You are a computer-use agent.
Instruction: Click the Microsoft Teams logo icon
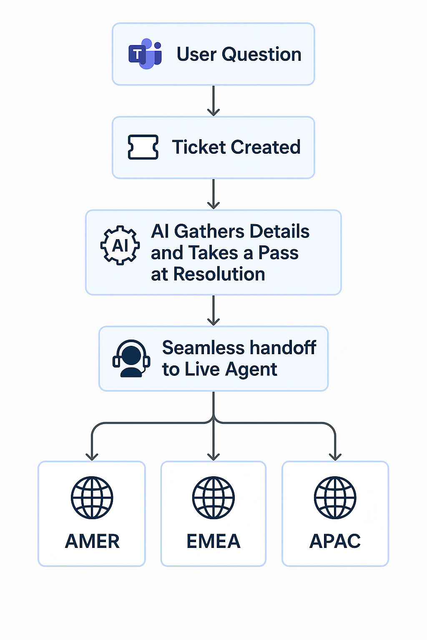click(145, 54)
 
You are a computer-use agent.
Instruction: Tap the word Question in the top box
click(261, 55)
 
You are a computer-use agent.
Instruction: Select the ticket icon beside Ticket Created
click(143, 147)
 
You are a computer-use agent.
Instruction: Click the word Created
click(265, 147)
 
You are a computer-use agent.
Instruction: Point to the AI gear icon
click(120, 245)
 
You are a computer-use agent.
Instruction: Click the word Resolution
click(219, 274)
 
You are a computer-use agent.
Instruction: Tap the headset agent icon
click(131, 359)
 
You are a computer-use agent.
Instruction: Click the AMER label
click(92, 541)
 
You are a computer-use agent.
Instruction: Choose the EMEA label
click(213, 541)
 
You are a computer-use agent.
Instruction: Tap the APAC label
click(335, 541)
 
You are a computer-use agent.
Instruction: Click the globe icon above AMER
click(92, 497)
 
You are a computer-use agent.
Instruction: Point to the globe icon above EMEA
click(213, 497)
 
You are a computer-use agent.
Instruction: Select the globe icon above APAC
click(335, 497)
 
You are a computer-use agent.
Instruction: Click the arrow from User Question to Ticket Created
click(213, 101)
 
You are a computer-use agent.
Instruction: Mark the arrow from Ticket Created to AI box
click(213, 195)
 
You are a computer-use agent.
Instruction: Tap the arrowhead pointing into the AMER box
click(92, 456)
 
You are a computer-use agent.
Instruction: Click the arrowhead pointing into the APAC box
click(335, 456)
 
